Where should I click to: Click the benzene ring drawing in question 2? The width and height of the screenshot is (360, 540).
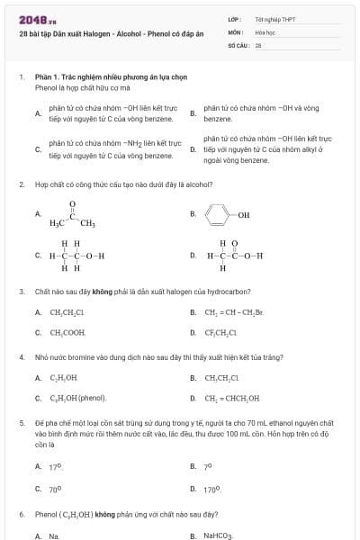tap(217, 215)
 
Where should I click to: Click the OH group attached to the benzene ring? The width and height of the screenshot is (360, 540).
tap(244, 215)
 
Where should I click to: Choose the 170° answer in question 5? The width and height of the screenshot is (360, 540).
tap(213, 490)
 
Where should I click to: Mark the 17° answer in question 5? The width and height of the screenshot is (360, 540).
tap(55, 467)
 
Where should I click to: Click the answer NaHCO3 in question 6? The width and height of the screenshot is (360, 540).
tap(219, 535)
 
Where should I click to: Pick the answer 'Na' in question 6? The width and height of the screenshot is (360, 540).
tap(54, 535)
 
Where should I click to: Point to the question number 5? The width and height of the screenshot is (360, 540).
tap(21, 422)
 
